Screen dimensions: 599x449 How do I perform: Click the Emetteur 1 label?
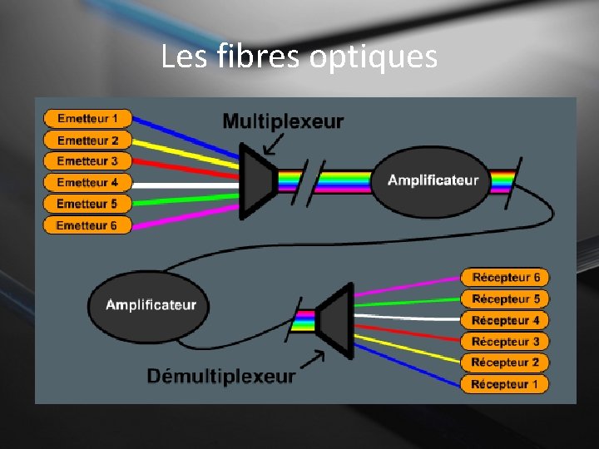87,119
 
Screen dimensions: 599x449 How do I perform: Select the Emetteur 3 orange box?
87,161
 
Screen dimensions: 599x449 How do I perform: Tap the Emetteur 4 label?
87,182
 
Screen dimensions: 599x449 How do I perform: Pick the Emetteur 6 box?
87,225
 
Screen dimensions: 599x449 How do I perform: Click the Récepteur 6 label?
505,278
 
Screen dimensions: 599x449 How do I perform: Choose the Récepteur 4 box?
505,320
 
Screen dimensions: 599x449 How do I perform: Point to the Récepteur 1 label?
505,384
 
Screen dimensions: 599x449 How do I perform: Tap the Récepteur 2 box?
505,363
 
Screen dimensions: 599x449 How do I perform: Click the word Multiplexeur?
283,121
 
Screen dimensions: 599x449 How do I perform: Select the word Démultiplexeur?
220,377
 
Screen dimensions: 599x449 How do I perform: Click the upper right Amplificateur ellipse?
433,180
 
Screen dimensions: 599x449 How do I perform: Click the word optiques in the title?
373,57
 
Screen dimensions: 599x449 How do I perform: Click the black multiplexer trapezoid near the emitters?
257,180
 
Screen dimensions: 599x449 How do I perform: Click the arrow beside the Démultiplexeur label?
313,360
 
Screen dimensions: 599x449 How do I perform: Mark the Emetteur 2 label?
87,141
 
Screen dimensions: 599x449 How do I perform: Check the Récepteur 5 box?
505,299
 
